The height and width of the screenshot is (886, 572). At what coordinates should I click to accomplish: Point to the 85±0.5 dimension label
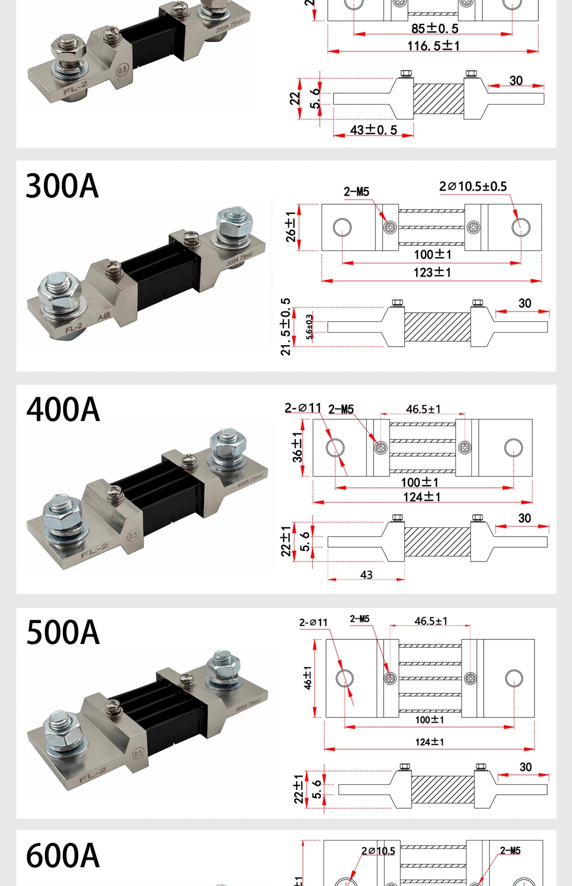click(x=435, y=29)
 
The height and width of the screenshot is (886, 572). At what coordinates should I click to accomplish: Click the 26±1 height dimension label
click(x=291, y=227)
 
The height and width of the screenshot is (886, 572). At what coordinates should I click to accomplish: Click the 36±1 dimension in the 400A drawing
click(x=298, y=447)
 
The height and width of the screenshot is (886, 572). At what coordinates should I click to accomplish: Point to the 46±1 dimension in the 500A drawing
click(x=308, y=678)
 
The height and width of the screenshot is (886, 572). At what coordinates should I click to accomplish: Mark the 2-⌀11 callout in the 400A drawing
click(x=303, y=408)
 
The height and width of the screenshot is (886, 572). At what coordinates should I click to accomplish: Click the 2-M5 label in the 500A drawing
click(x=360, y=619)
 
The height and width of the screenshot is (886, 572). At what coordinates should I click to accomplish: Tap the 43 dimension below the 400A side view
click(x=366, y=575)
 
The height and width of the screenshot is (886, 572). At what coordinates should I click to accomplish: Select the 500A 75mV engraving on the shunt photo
click(x=248, y=704)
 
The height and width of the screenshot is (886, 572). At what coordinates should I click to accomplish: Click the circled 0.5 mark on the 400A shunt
click(x=133, y=535)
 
